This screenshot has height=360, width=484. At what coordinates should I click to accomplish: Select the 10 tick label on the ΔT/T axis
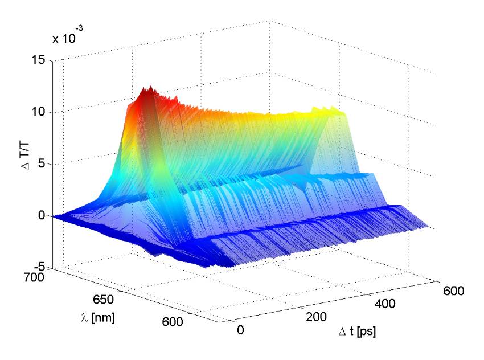click(x=38, y=112)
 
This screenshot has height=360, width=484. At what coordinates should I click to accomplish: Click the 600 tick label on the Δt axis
click(x=453, y=291)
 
